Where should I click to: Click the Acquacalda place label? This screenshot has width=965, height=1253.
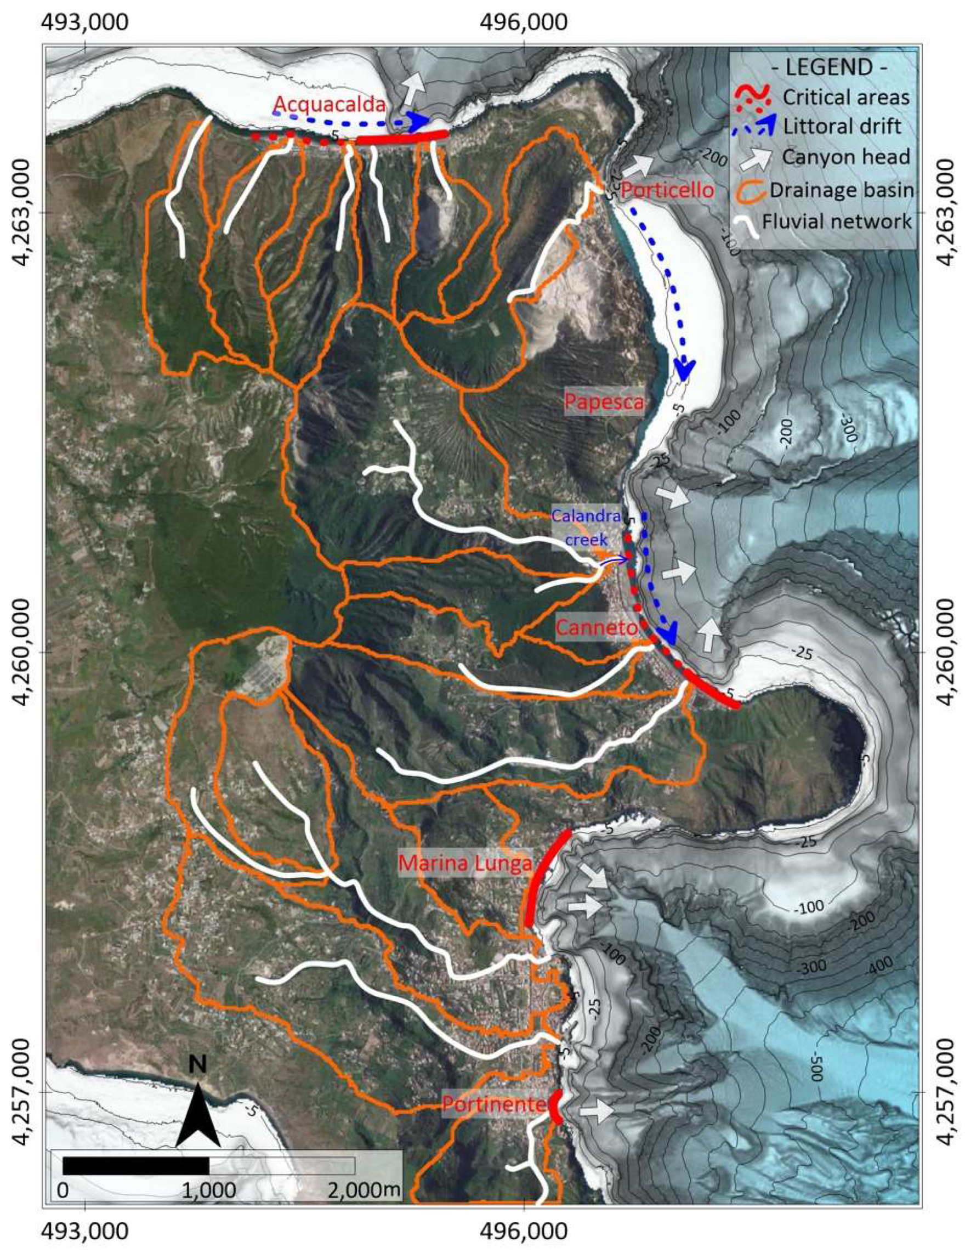(330, 104)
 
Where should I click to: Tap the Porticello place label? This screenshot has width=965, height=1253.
(668, 190)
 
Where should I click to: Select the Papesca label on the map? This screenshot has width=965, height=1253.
(604, 401)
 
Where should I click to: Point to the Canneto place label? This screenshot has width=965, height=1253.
(597, 628)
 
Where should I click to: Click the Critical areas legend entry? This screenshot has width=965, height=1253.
(845, 98)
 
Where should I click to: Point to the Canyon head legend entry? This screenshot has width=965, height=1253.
(845, 157)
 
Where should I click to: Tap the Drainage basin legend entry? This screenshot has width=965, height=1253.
(841, 190)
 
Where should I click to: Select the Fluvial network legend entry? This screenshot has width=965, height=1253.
(837, 222)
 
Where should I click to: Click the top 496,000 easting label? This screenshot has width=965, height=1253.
(524, 22)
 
